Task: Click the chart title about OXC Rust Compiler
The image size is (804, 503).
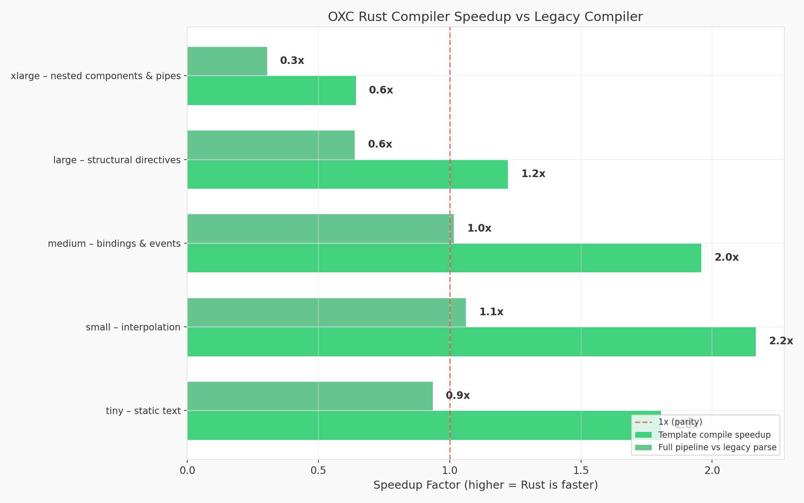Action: (485, 17)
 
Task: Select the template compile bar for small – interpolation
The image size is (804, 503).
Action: (471, 342)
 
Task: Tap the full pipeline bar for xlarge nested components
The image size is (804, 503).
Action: (227, 61)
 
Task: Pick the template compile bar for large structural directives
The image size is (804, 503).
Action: (348, 174)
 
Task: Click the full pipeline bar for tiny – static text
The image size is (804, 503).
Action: (310, 396)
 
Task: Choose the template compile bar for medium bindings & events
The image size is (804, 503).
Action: (444, 258)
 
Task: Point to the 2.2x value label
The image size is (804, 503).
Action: (781, 341)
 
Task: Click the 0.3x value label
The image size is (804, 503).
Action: (292, 61)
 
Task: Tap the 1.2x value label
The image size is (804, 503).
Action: (533, 174)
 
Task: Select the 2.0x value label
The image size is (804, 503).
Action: (726, 258)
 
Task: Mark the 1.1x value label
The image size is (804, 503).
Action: (491, 312)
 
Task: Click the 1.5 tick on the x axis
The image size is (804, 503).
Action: (581, 470)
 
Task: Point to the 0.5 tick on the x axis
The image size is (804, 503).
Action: (318, 470)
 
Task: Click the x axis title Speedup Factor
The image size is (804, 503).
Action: (485, 485)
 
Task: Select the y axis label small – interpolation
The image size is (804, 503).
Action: (133, 327)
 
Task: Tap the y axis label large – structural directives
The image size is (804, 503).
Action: (117, 160)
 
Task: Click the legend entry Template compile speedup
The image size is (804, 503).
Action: (714, 435)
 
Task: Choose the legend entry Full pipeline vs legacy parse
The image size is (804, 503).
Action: (717, 448)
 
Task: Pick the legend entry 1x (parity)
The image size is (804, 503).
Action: (680, 422)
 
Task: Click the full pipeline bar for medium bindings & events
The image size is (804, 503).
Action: (320, 228)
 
